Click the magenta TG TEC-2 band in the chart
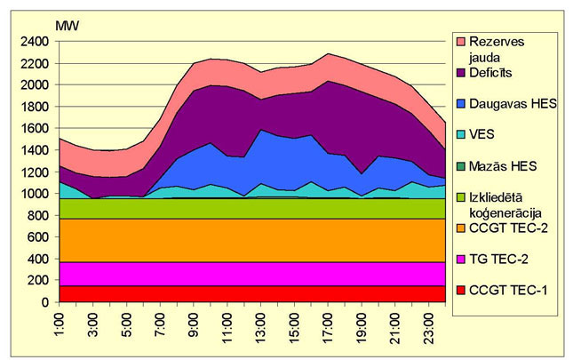click(x=249, y=274)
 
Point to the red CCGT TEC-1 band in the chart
click(x=249, y=294)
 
